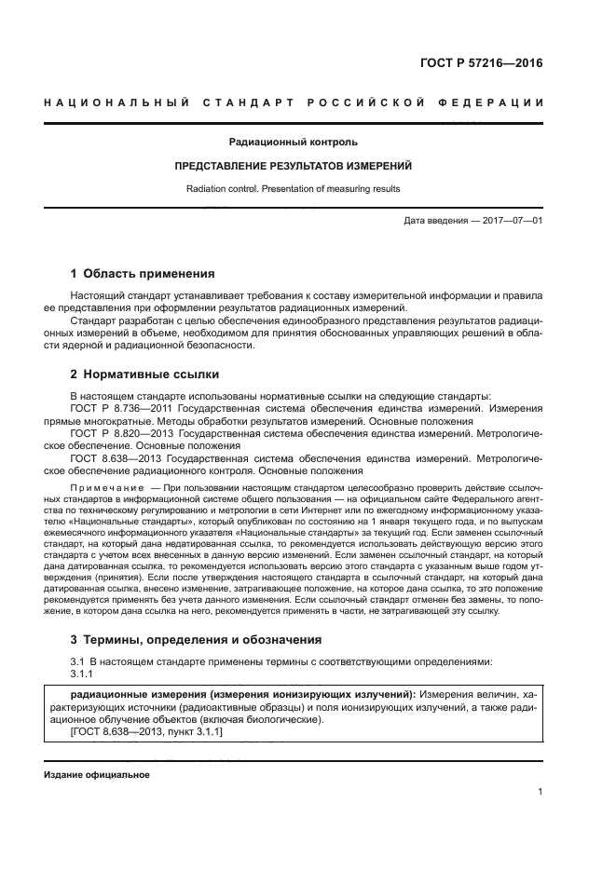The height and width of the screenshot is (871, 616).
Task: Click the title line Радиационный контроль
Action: (293, 143)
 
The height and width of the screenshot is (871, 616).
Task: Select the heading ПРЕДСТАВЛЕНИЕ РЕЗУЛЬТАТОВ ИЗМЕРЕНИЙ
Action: (294, 166)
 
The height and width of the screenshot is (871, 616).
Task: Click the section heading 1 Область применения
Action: (144, 274)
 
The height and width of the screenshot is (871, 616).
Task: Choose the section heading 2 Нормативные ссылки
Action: (145, 374)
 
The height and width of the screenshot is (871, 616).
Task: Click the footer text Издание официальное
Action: (96, 775)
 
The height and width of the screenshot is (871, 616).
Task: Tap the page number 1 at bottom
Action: (541, 792)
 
